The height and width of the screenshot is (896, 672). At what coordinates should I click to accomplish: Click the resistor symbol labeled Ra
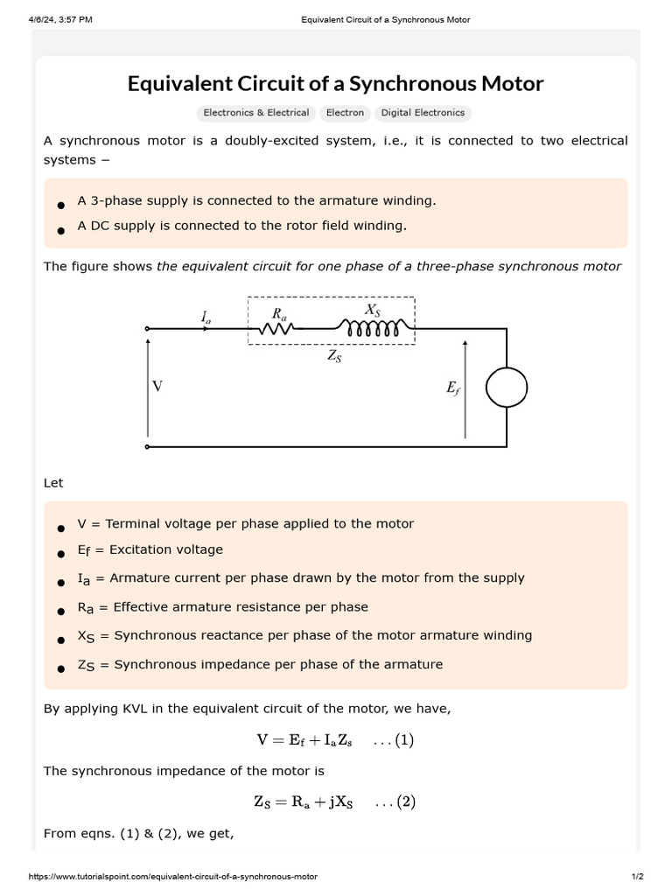tap(277, 329)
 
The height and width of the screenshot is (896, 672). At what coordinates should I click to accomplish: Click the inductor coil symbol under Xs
tap(374, 328)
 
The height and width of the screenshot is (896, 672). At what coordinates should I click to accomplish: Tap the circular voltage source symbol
tap(507, 387)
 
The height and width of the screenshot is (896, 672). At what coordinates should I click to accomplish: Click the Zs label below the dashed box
tap(332, 355)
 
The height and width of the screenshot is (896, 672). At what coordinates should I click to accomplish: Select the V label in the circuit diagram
tap(157, 386)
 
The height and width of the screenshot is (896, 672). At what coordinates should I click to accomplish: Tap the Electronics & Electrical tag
tap(255, 113)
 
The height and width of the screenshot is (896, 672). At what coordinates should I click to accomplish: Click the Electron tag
tap(345, 113)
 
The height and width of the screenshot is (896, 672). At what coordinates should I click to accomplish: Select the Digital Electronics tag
tap(423, 113)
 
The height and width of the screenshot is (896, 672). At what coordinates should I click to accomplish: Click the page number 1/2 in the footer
tap(637, 877)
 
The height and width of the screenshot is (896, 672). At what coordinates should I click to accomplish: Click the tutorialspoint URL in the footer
tap(173, 877)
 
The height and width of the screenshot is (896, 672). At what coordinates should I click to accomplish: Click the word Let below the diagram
tap(53, 483)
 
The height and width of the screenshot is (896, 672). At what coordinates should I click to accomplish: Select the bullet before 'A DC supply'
tap(60, 230)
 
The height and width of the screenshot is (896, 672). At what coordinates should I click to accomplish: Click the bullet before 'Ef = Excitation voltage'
tap(60, 554)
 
